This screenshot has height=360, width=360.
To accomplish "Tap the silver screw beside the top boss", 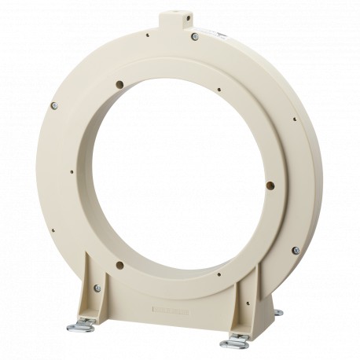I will pyautogui.click(x=194, y=36).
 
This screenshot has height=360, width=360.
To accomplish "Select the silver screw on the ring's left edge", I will pyautogui.click(x=54, y=105).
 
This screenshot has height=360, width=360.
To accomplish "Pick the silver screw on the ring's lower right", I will pyautogui.click(x=296, y=250).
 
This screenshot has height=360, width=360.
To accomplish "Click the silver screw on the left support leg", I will pyautogui.click(x=97, y=288).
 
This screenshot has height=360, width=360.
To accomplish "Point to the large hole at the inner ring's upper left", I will pyautogui.click(x=119, y=83).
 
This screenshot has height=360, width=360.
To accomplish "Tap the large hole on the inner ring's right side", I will pyautogui.click(x=270, y=186).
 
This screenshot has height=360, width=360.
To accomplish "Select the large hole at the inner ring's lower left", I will pyautogui.click(x=119, y=264).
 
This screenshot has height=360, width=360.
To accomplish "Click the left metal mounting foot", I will pyautogui.click(x=80, y=325).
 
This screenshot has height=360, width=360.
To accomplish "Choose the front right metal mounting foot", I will pyautogui.click(x=235, y=342).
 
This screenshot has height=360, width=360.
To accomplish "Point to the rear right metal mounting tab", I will pyautogui.click(x=277, y=313).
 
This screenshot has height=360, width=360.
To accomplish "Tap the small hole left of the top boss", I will pyautogui.click(x=147, y=34).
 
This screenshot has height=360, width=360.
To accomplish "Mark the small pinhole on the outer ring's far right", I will pyautogui.click(x=295, y=119).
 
